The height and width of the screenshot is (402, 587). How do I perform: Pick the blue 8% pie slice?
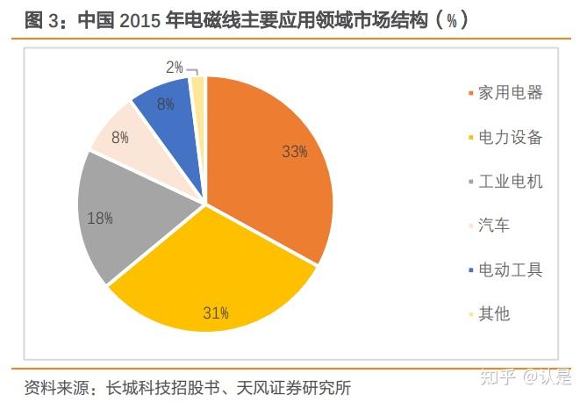pos(171,110)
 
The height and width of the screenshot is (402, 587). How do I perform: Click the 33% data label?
pos(294,151)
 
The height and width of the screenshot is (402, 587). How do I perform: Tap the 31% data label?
pos(215,312)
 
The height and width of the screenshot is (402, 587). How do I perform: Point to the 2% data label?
pos(174,67)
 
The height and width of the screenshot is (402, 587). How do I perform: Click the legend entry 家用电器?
pos(510,92)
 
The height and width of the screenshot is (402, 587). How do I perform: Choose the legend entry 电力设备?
pos(510,137)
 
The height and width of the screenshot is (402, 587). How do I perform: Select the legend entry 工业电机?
pos(510,182)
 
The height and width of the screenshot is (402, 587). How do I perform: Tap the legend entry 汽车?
pos(493,226)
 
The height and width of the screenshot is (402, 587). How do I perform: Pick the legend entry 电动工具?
pos(510,269)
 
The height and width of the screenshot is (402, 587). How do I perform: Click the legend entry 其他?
pos(493,313)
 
